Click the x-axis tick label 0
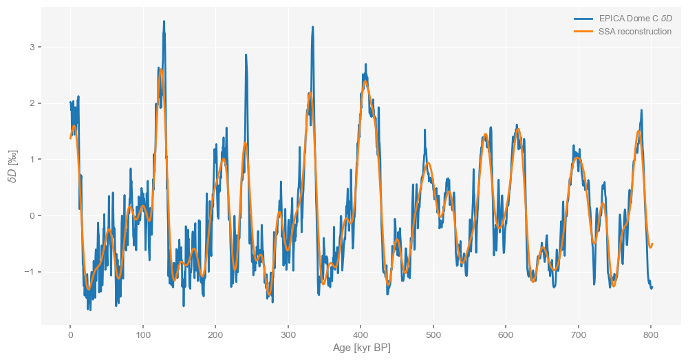[x=70, y=335]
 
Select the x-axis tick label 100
[x=143, y=335]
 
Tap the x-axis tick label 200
[x=215, y=335]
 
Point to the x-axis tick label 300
[x=288, y=335]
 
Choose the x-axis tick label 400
[x=361, y=335]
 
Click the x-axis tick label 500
[x=433, y=335]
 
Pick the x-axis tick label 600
[x=506, y=335]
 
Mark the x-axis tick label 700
[x=579, y=335]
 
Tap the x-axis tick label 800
[x=651, y=335]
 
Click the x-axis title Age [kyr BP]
[x=361, y=348]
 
